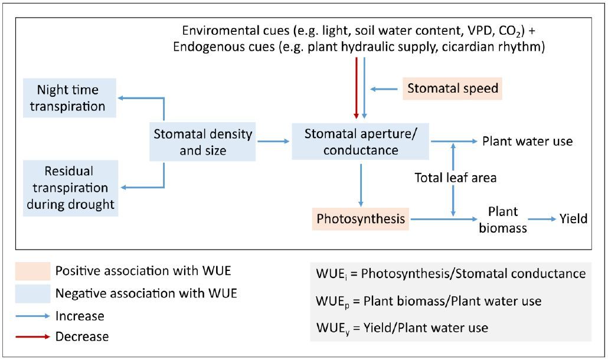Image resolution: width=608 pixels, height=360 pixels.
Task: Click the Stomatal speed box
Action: tap(453, 89)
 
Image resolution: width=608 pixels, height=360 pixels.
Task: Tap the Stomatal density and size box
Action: tap(202, 142)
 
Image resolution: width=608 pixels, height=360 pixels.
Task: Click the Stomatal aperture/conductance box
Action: tap(360, 142)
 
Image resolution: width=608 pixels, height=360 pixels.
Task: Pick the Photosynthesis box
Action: tap(360, 219)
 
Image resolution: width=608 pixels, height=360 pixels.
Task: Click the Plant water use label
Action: tap(527, 142)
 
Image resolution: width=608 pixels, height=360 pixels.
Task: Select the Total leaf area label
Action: tap(455, 178)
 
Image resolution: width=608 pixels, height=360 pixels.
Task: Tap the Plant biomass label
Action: tap(502, 220)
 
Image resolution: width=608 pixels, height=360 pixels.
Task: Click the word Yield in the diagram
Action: tap(574, 219)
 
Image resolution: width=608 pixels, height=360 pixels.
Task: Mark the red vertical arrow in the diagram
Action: tap(356, 89)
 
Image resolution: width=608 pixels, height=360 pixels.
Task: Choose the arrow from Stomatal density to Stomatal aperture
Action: tap(273, 142)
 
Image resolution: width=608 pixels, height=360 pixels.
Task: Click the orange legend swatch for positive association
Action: tap(32, 271)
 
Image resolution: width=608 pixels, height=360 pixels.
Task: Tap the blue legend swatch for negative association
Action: tap(32, 293)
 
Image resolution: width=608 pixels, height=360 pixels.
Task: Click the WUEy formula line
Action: tap(402, 327)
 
